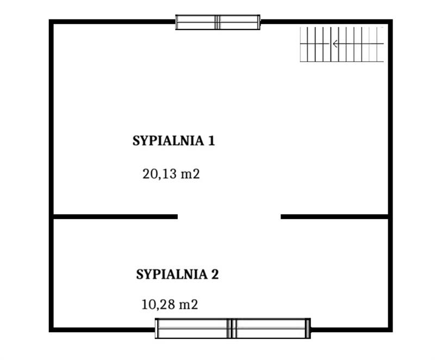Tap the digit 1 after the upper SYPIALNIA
[x=212, y=141]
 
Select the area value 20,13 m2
[x=171, y=174]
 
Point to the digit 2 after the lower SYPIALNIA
[x=215, y=274]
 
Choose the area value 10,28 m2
[x=170, y=304]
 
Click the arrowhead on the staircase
[x=335, y=44]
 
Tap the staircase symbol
[x=342, y=44]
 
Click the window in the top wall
[x=218, y=22]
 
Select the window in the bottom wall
[x=233, y=328]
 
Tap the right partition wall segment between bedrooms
[x=334, y=216]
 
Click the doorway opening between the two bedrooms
[x=229, y=216]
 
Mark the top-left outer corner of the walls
[x=49, y=20]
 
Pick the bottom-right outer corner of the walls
[x=392, y=332]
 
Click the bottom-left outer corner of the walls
[x=49, y=332]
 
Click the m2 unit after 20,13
[x=190, y=175]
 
